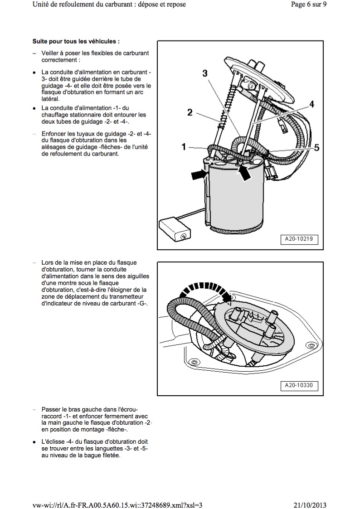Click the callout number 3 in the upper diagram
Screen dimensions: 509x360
(x=205, y=73)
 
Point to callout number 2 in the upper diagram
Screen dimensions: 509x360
(x=190, y=112)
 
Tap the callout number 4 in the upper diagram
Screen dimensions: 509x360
(x=312, y=104)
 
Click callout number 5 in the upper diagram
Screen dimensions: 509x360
(x=316, y=147)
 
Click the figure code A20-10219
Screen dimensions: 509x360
(x=302, y=239)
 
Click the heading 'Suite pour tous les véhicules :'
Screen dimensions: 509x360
(x=76, y=41)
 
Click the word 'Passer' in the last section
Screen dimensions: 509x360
(x=51, y=408)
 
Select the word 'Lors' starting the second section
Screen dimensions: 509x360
(x=48, y=262)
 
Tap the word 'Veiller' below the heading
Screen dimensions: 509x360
(x=51, y=53)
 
